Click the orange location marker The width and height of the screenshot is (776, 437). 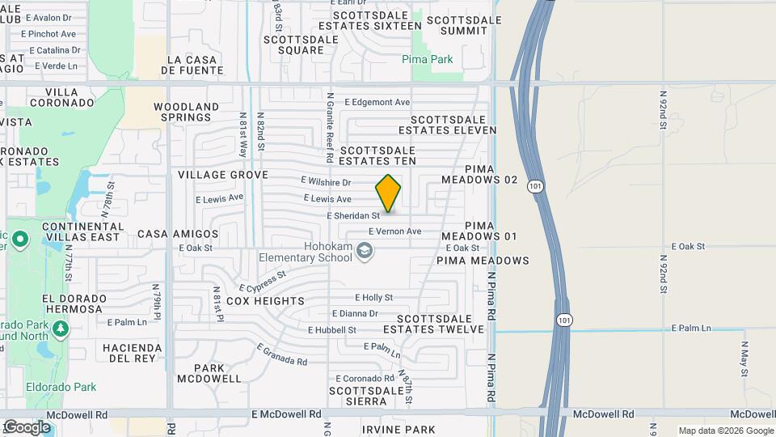point(388,193)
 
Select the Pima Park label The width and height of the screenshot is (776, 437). point(428,59)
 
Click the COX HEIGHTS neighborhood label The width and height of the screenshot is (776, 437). point(254,301)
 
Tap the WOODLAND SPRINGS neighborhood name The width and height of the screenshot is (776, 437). point(186,112)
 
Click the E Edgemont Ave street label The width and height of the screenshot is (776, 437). point(377,102)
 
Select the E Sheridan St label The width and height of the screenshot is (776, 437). point(353,216)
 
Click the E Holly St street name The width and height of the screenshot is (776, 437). point(373,298)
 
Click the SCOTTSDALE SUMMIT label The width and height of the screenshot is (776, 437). point(458,25)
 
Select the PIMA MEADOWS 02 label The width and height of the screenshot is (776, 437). point(479,180)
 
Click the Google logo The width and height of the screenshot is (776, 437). point(26,426)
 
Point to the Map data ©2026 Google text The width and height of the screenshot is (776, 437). point(726,431)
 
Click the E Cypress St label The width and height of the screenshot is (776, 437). point(263,282)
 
